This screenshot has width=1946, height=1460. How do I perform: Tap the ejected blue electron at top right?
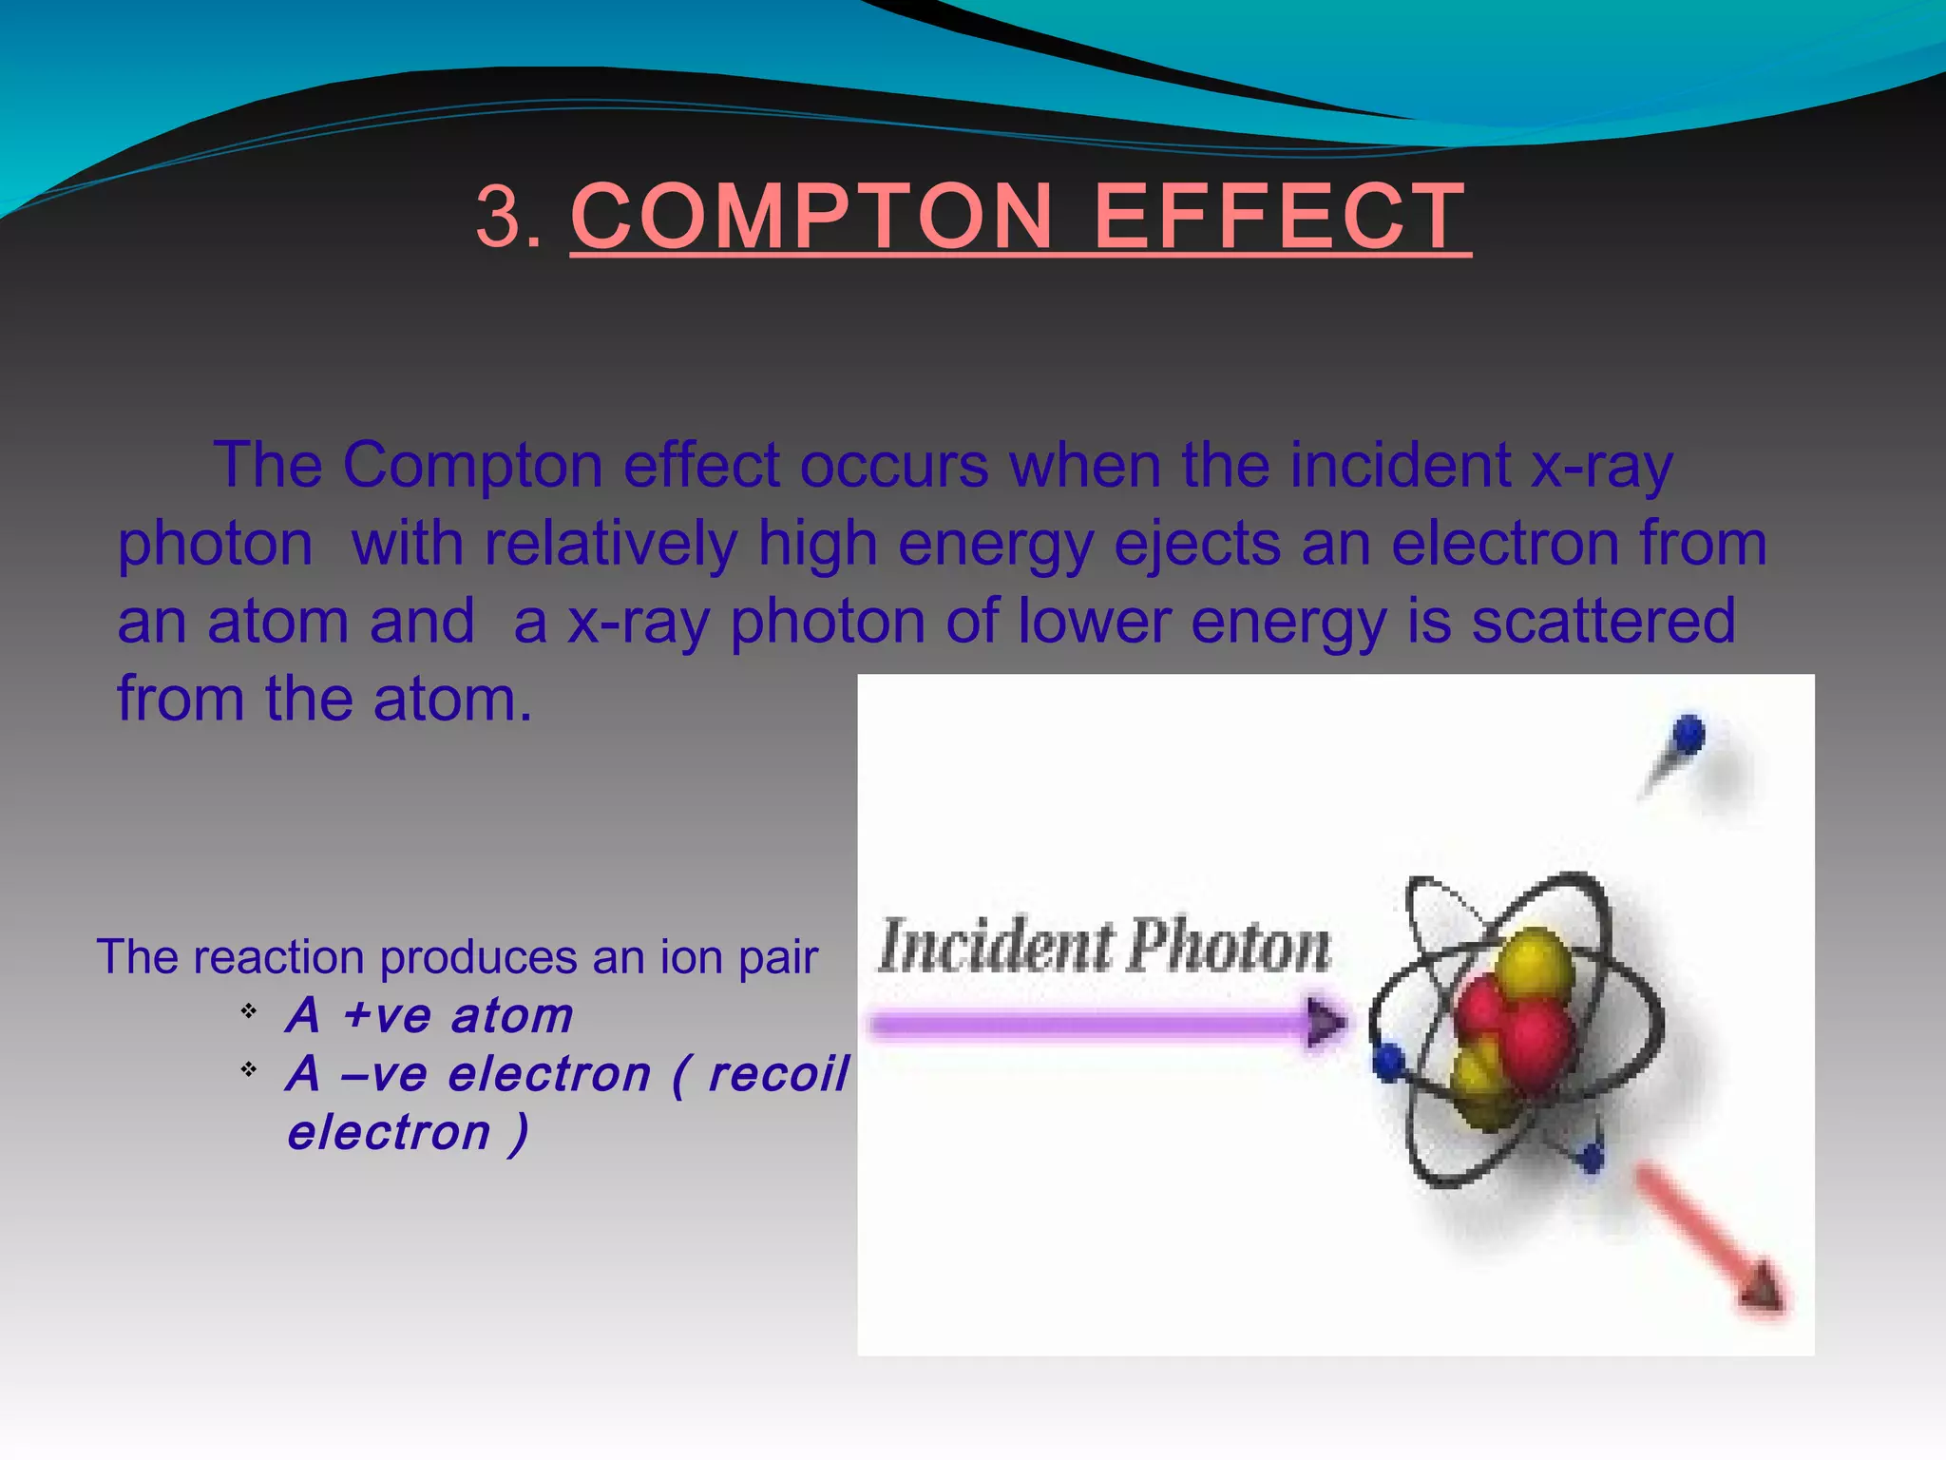[1688, 735]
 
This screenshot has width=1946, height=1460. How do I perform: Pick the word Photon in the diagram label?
[1231, 947]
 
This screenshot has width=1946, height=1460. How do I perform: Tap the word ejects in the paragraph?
[1196, 546]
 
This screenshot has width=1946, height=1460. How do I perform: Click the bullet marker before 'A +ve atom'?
[249, 1010]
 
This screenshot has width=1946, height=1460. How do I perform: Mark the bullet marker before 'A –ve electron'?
[249, 1069]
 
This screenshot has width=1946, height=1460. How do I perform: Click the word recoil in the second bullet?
[778, 1074]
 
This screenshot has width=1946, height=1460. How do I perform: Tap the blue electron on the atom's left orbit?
[1389, 1060]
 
